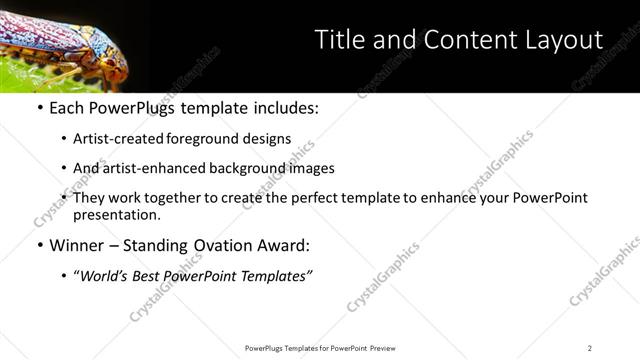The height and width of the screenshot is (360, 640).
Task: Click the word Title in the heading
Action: tap(337, 40)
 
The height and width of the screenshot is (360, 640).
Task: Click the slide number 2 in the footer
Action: tap(589, 348)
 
